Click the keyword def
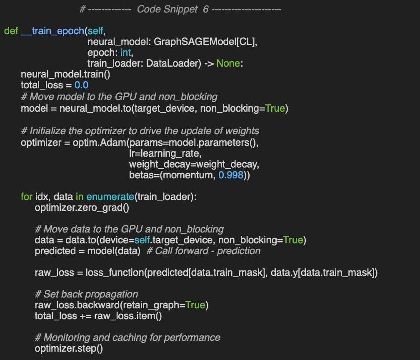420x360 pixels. [11, 31]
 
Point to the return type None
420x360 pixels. [228, 64]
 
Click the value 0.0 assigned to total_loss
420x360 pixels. [81, 85]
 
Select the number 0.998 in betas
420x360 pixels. [230, 175]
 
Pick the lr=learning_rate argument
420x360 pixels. [160, 153]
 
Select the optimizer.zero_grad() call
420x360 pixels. [82, 207]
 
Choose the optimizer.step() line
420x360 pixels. [68, 348]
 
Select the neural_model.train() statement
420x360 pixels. [65, 75]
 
